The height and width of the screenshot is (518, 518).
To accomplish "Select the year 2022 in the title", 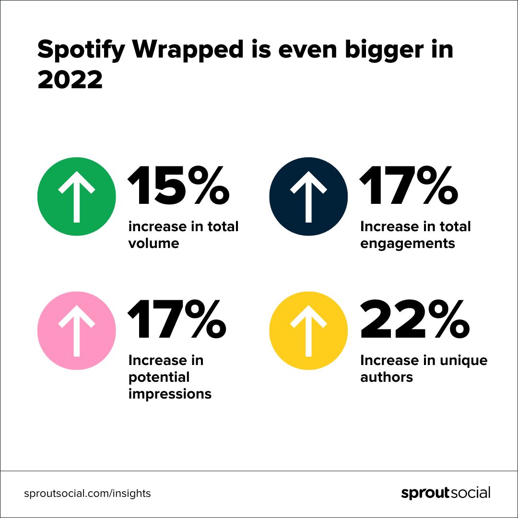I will (70, 79).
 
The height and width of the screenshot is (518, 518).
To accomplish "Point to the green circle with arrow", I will (76, 197).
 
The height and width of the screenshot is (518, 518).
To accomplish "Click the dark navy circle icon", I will (308, 197).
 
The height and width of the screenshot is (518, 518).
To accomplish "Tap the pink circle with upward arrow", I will (76, 330).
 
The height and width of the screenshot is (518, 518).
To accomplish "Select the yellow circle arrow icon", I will (308, 330).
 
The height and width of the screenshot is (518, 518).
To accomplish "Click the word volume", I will (153, 243).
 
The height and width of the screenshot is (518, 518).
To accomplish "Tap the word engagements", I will (408, 244).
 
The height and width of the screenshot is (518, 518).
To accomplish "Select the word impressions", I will (170, 394).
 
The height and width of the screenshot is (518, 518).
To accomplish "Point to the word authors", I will (387, 377).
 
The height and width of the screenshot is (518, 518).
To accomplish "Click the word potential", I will (159, 377).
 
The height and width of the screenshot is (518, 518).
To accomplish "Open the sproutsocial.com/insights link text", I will (87, 493).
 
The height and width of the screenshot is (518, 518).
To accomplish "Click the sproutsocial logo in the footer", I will (446, 493).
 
